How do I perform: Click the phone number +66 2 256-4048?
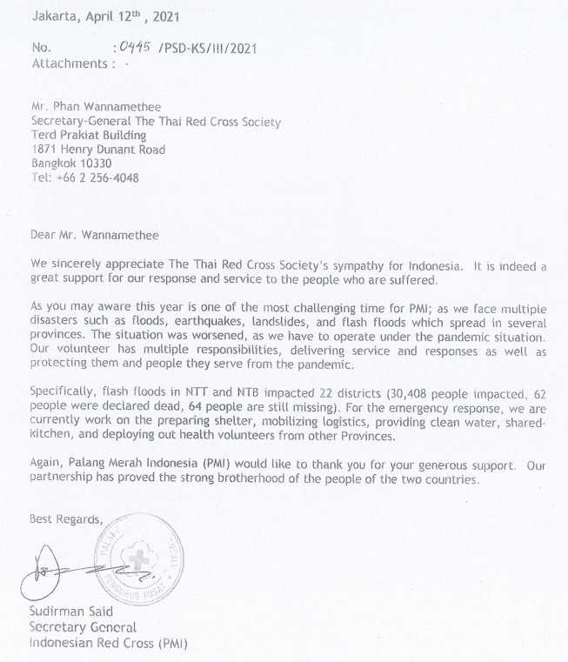pos(97,178)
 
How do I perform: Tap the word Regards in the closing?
pos(81,520)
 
